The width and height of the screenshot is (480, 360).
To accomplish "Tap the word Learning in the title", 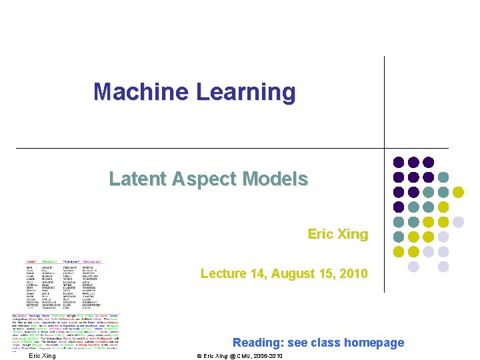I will pos(237,92).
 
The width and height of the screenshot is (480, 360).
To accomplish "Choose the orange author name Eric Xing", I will pos(337,234).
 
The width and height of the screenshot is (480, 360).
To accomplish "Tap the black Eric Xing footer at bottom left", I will pos(42,355).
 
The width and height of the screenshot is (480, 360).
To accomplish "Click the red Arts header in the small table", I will pos(31,261).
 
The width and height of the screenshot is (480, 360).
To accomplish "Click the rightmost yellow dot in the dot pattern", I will pos(458,192).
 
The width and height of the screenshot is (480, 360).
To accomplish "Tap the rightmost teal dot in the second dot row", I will pos(443,177).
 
